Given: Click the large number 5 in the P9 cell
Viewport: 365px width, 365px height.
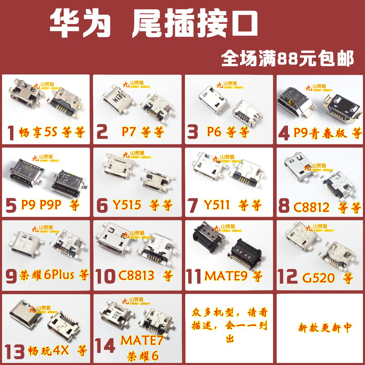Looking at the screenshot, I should point(11,206).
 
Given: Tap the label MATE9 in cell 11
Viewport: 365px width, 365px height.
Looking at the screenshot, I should point(226,276).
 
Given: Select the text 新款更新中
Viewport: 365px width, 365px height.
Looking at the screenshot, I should point(325,328).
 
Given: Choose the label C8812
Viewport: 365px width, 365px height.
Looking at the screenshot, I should point(311,207).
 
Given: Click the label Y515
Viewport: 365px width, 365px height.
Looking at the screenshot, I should point(127,205).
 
